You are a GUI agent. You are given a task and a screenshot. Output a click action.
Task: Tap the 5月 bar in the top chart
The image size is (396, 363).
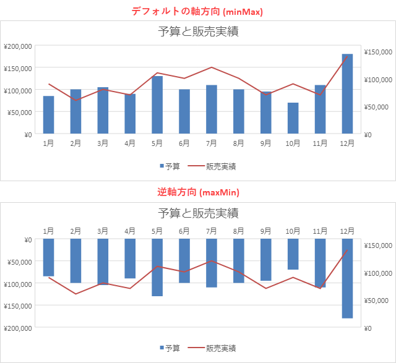coord(157,105)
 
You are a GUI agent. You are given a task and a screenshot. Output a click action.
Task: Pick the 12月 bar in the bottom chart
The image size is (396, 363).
coord(347,278)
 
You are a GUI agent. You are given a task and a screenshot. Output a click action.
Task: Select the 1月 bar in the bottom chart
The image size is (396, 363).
coord(48,257)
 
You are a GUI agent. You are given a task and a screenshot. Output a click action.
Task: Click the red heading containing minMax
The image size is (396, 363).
coord(197,11)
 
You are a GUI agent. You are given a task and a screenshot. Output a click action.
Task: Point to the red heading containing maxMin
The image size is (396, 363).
coord(198,192)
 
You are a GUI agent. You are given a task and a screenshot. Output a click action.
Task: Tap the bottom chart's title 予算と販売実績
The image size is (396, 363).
coord(198,213)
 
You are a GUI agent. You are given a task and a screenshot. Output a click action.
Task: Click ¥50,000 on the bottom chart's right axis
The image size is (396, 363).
coord(379,301)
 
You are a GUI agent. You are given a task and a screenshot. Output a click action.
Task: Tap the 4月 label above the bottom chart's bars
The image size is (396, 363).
coord(130,231)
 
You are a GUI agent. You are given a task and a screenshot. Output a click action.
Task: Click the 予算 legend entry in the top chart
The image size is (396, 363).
coord(170,166)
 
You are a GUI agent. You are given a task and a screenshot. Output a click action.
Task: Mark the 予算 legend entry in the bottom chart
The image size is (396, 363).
coord(170,348)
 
